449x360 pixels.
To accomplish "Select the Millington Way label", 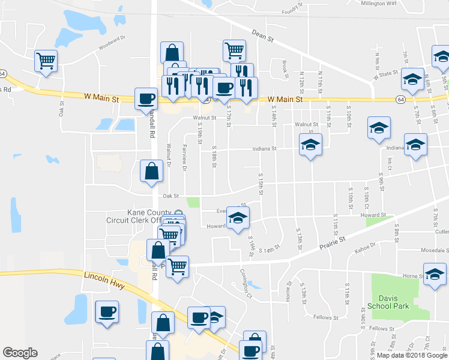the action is click(379, 3).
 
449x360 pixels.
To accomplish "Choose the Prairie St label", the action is click(334, 242).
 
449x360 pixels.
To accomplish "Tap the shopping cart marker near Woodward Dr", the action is click(46, 60).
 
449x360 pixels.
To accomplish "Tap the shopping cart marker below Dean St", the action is click(234, 50).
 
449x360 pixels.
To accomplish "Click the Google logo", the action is click(20, 353).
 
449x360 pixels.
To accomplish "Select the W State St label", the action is click(385, 74).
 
